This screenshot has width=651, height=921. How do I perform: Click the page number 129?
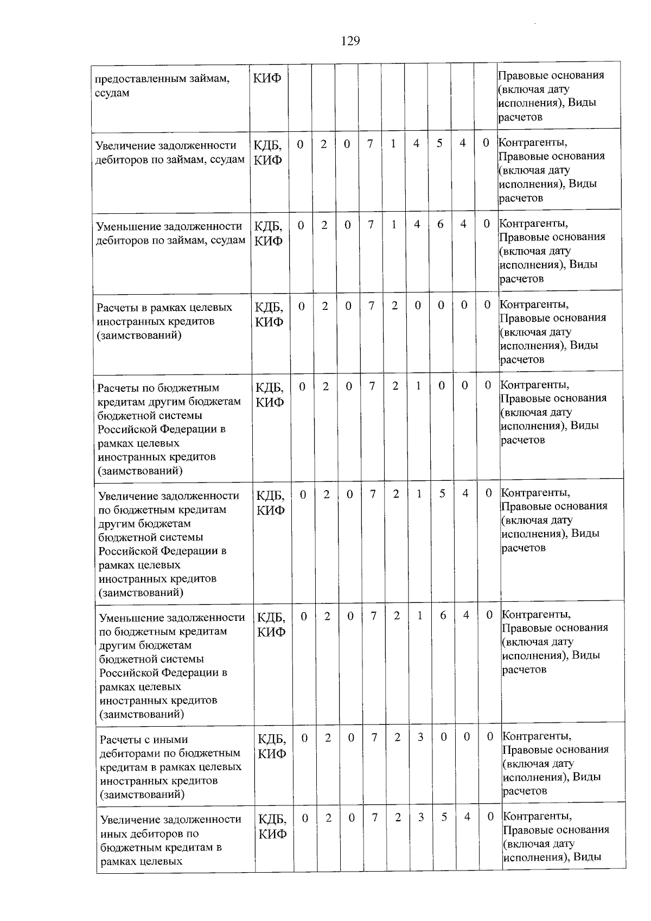point(350,41)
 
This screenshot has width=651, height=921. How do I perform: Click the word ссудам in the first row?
point(112,93)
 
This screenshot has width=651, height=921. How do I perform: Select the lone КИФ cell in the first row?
point(267,78)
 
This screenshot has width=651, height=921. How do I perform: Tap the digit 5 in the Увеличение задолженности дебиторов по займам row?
point(439,143)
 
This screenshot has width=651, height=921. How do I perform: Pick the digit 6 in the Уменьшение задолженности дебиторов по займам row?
point(441,224)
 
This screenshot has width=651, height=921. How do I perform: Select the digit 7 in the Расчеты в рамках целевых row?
point(372,306)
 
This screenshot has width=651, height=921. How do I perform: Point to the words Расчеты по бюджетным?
point(158,388)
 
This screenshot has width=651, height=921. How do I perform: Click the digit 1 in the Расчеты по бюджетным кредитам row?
point(418,385)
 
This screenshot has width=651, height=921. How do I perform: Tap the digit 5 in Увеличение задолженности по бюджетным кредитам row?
point(442,493)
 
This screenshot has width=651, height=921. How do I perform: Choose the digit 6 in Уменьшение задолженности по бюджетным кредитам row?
point(443,615)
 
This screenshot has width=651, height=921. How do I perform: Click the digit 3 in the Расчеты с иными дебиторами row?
point(420,736)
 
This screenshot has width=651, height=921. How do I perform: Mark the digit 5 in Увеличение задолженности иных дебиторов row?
point(444,816)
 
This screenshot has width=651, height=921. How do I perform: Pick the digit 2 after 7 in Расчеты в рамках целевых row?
point(394,306)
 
